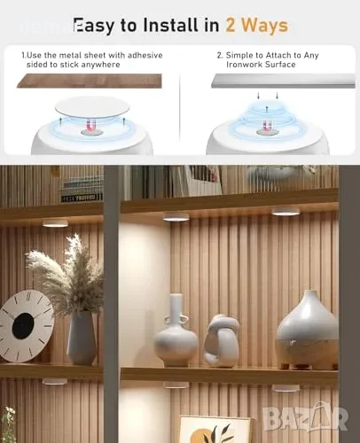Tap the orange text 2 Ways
point(257,26)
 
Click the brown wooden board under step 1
point(90,81)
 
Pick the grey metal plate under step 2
point(283,81)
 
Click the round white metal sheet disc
point(92,107)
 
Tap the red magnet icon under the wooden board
point(92,126)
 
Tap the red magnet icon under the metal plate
point(267,126)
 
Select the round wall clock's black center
point(23,326)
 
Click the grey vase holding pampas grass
point(82,338)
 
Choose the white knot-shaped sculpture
point(222,340)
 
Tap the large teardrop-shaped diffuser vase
point(306,330)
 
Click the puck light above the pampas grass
point(56,222)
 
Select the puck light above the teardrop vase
point(286,211)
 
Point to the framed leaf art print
point(215,430)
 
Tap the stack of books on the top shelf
point(82,189)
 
